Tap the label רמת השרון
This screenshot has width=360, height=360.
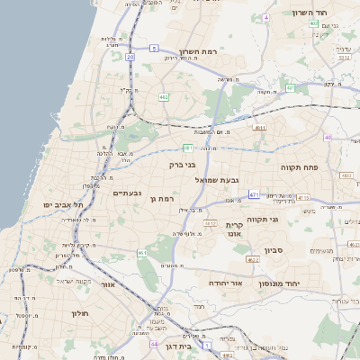tap(199, 52)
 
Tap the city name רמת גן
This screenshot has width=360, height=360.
tap(158, 197)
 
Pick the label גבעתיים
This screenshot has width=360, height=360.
tap(127, 193)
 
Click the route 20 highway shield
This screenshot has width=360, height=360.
tap(130, 57)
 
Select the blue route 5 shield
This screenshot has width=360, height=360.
tap(154, 48)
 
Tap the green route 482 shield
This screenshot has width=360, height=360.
tap(163, 95)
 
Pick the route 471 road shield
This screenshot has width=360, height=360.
tap(255, 194)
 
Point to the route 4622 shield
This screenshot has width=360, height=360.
tap(253, 260)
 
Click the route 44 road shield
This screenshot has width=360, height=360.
tap(154, 345)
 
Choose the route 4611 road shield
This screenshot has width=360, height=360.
tap(260, 129)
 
